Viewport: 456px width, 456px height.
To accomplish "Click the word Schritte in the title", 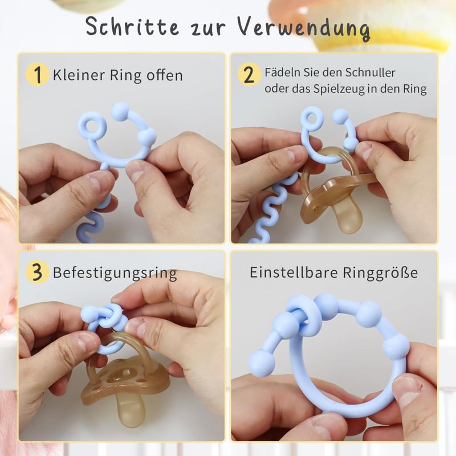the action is pyautogui.click(x=132, y=26).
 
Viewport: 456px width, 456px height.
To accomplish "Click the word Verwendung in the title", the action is pyautogui.click(x=303, y=28).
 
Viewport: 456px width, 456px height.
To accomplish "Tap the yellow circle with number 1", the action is pyautogui.click(x=37, y=75).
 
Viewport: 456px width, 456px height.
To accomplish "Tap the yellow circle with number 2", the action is pyautogui.click(x=249, y=75).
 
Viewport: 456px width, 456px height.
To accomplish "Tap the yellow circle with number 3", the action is pyautogui.click(x=37, y=272).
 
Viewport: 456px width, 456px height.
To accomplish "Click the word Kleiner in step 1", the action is pyautogui.click(x=79, y=75).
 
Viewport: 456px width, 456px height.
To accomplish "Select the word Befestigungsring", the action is pyautogui.click(x=115, y=274).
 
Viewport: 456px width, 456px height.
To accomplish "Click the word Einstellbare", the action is pyautogui.click(x=294, y=272).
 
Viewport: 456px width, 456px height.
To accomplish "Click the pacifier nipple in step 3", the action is pyautogui.click(x=132, y=406).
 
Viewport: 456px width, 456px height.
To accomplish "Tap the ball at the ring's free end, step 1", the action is pyautogui.click(x=120, y=112).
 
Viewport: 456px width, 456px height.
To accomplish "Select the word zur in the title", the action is pyautogui.click(x=207, y=28).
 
